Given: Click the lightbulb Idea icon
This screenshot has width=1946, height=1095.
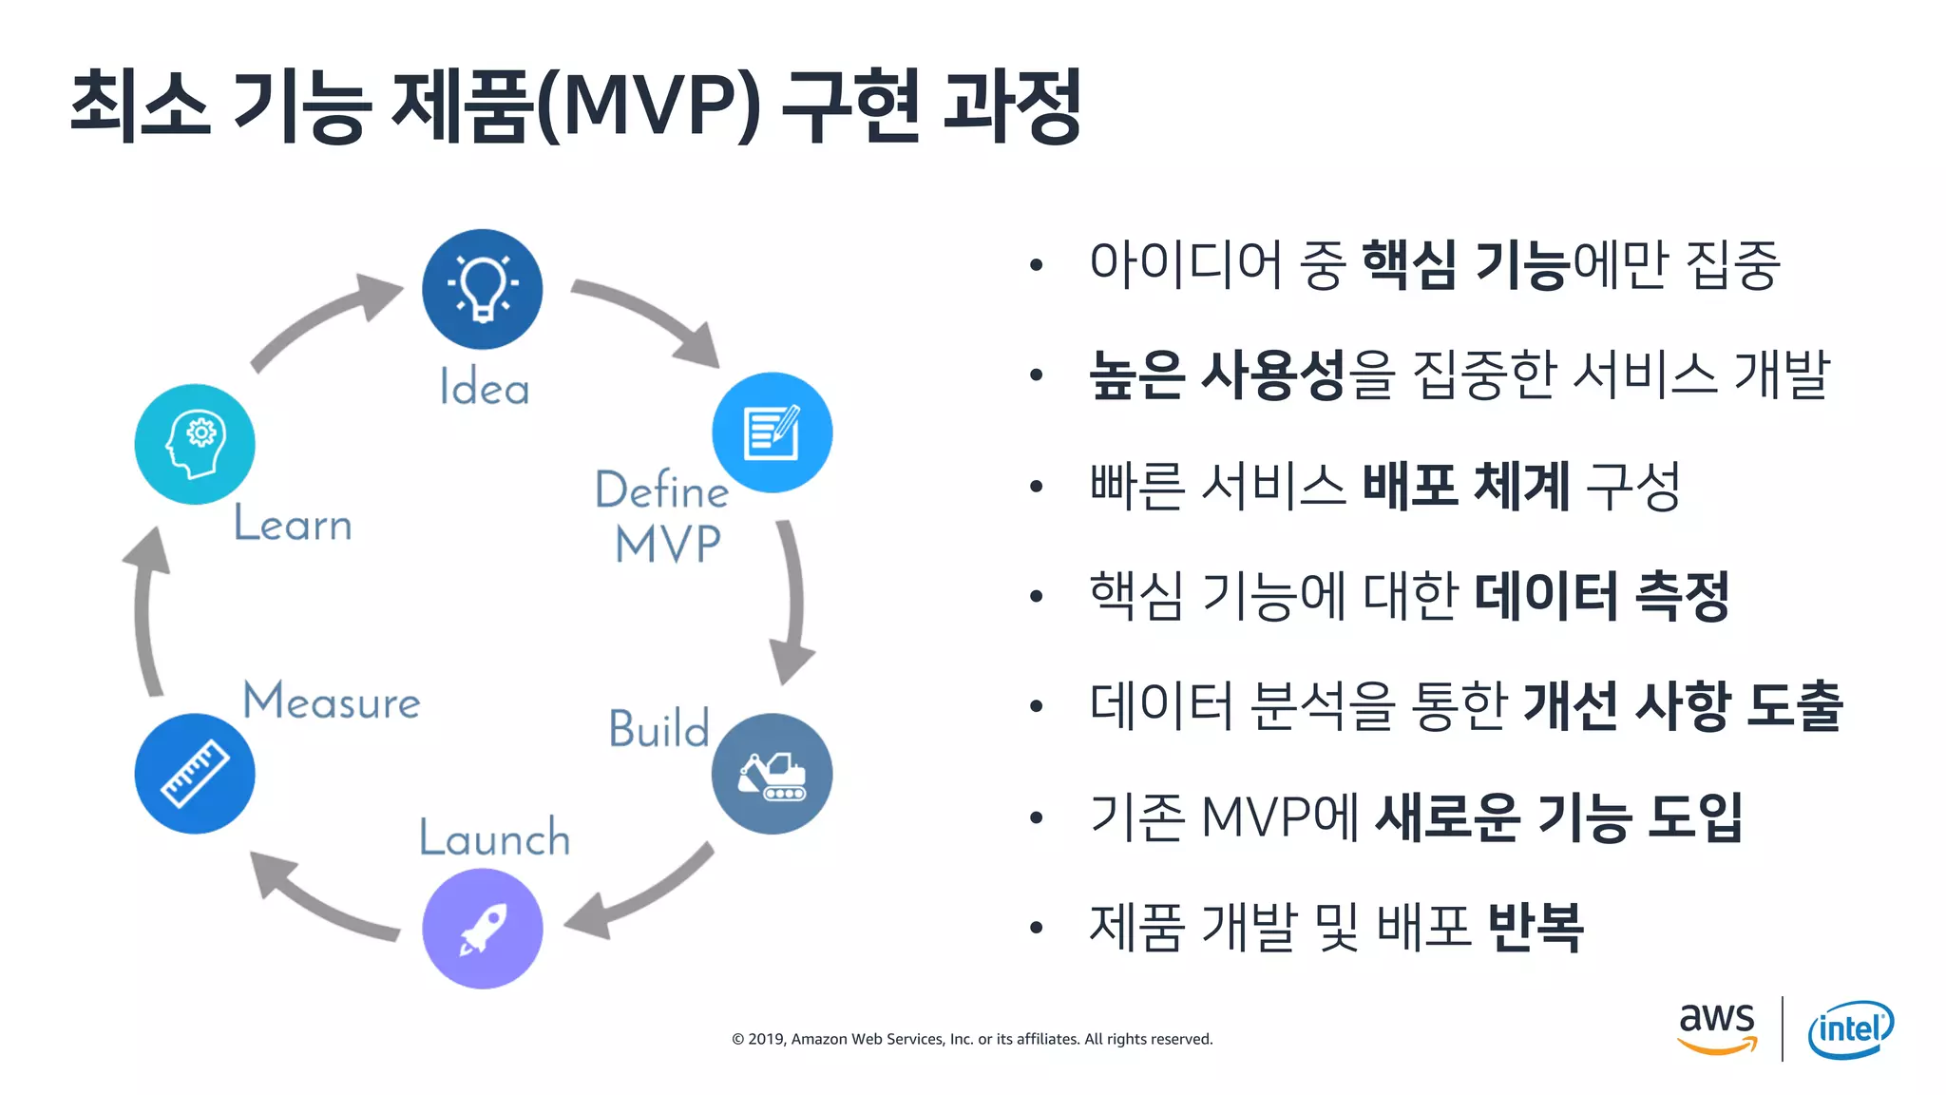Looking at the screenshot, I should click(x=483, y=289).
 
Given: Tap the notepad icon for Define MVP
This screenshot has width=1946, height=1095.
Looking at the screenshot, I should click(x=772, y=432).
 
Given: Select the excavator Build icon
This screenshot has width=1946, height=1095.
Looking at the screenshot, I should click(x=772, y=774).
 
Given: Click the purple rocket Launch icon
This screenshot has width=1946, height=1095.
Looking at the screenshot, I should click(x=483, y=929).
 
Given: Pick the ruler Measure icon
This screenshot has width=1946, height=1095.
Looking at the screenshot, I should click(x=195, y=774).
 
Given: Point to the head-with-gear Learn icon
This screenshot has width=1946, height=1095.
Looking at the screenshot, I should click(x=195, y=444).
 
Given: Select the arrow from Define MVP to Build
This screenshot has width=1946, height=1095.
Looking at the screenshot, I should click(x=792, y=604).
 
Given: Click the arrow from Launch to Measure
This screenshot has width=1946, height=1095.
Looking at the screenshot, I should click(x=318, y=898).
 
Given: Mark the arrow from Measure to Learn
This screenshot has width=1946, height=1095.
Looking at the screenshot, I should click(x=145, y=613).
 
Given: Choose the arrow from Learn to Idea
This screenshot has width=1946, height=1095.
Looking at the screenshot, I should click(x=323, y=318).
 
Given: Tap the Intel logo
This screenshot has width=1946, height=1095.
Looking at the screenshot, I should click(x=1850, y=1029).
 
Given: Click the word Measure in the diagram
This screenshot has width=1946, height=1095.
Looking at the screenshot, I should click(x=332, y=701).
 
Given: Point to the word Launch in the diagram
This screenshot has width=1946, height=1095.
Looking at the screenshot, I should click(x=494, y=837).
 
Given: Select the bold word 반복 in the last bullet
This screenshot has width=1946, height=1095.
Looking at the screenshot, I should click(x=1535, y=927).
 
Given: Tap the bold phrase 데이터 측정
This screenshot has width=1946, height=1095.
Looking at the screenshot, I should click(x=1601, y=596).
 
